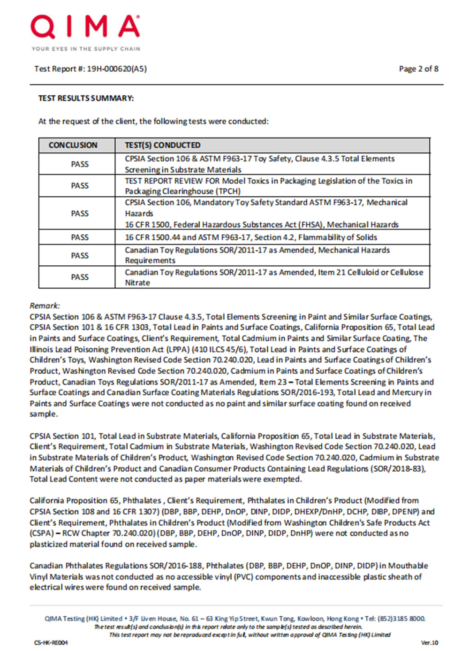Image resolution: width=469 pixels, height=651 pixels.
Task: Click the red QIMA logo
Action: tap(85, 27)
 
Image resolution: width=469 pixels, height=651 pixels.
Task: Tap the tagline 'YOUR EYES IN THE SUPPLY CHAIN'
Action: tap(86, 49)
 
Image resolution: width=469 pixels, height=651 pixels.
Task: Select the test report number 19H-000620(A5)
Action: tap(117, 69)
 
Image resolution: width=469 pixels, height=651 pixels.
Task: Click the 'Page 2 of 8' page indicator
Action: tap(418, 69)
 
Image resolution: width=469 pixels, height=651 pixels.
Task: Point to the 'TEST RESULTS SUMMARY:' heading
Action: tap(86, 98)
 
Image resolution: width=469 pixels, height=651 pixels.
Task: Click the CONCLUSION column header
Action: tap(73, 145)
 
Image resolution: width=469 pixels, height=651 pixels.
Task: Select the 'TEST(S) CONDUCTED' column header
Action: tap(162, 145)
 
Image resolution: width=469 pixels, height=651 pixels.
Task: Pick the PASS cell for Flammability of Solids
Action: tap(80, 237)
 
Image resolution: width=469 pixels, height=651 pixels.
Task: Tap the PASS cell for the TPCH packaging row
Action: tap(80, 186)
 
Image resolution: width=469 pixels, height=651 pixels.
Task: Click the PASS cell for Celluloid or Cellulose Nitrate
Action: tap(80, 277)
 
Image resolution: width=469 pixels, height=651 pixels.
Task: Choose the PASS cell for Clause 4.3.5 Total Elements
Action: tap(80, 164)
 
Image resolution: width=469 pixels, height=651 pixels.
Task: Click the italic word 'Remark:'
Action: tap(45, 306)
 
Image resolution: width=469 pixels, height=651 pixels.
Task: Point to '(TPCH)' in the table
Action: tap(229, 191)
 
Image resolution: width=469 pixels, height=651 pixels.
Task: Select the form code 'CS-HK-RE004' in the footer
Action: tap(51, 643)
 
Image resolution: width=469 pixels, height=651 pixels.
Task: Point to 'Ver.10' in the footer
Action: tap(429, 643)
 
